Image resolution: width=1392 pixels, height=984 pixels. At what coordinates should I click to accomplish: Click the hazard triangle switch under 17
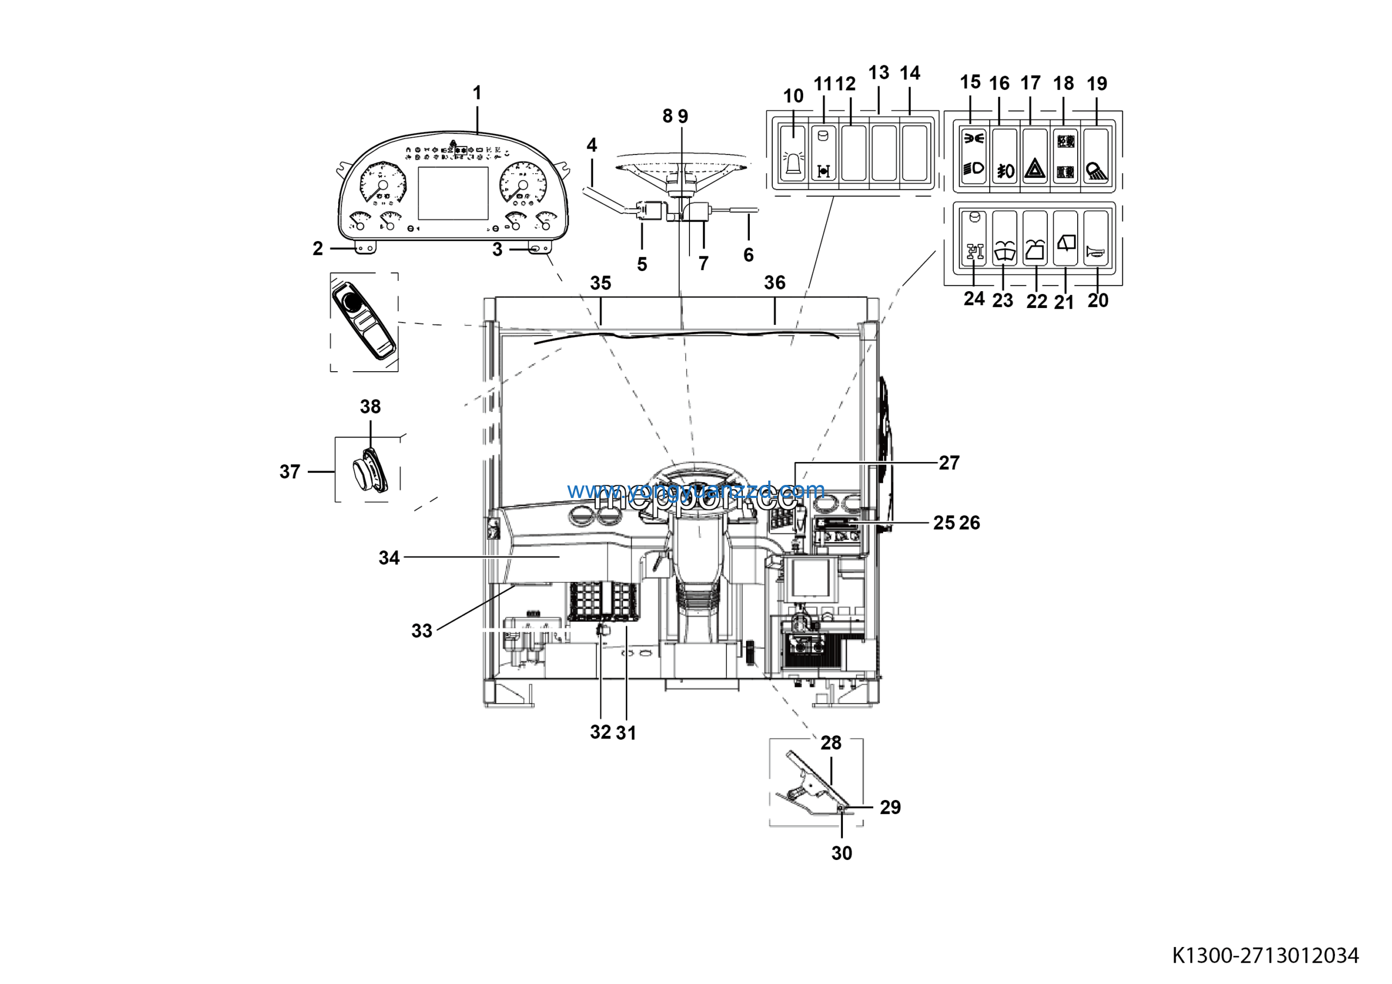[1035, 155]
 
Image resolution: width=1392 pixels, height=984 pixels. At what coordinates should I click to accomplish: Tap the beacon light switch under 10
[793, 153]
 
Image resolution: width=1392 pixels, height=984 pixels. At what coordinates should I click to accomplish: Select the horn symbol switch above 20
[1096, 238]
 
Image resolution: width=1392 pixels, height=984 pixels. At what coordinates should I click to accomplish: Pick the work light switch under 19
[1096, 155]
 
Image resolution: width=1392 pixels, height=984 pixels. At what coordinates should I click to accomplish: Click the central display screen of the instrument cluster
[453, 193]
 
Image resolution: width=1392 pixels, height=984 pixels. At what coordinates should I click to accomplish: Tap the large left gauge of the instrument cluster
[382, 183]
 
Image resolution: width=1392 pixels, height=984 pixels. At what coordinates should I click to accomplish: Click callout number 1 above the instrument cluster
[477, 93]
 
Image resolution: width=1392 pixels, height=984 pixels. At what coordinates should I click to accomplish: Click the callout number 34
[389, 557]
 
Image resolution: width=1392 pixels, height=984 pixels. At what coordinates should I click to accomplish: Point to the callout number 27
[949, 463]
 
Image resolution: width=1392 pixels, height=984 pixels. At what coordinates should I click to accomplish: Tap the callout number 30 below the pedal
[842, 853]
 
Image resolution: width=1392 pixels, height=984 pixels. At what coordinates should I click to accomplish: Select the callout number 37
[290, 471]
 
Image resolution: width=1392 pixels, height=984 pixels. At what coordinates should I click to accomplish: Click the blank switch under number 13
[884, 153]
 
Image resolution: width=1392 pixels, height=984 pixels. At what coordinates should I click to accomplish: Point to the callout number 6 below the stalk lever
[749, 255]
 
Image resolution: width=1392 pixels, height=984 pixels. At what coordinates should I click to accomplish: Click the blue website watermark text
[695, 490]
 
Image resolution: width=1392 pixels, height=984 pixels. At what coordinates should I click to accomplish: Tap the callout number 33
[422, 630]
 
